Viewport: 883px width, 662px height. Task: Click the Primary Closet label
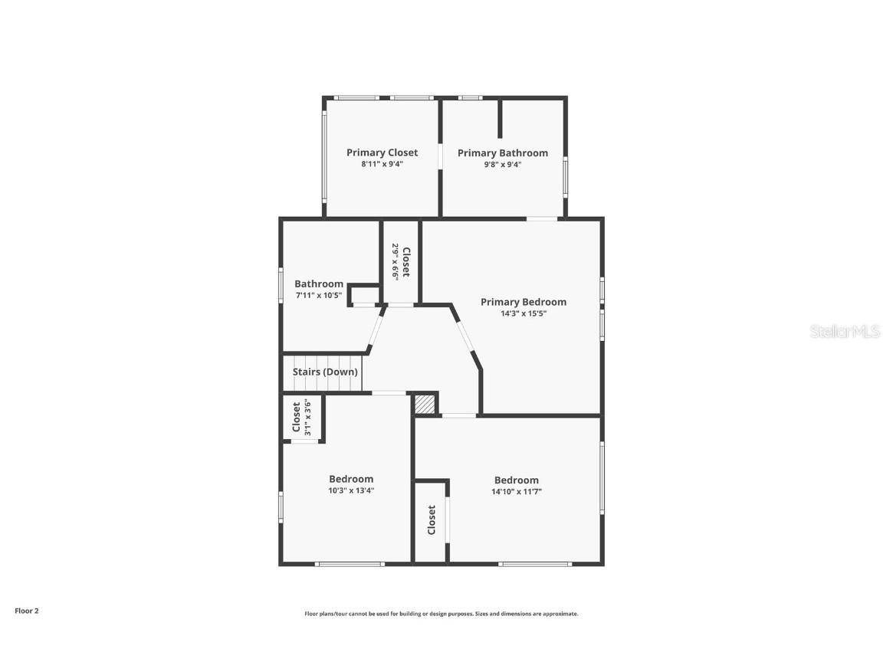[382, 152]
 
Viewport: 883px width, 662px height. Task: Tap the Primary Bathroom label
[502, 153]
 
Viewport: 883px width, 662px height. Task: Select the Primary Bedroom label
[524, 303]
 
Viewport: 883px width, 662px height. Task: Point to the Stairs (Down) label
[325, 372]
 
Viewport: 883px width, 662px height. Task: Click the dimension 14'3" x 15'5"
[524, 314]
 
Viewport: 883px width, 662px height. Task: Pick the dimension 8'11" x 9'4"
[382, 165]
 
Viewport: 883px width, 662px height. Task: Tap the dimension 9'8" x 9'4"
[502, 165]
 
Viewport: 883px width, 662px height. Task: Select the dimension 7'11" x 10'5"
[319, 296]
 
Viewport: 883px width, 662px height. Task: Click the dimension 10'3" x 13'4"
[351, 490]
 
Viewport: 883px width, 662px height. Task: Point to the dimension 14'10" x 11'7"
[517, 491]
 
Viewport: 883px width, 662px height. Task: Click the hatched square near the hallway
[425, 405]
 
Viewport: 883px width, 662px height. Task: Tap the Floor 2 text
[27, 611]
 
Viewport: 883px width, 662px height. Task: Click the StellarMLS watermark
[845, 331]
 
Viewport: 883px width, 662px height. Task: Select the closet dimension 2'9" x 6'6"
[396, 262]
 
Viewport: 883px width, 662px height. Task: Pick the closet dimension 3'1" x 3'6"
[307, 417]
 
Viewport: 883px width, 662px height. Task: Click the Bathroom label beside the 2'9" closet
[319, 284]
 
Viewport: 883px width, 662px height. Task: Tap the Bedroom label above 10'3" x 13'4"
[351, 479]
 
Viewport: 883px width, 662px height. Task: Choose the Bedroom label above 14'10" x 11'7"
[517, 480]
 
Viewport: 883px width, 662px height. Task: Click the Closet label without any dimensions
[432, 520]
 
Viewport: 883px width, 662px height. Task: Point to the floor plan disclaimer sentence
[441, 614]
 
